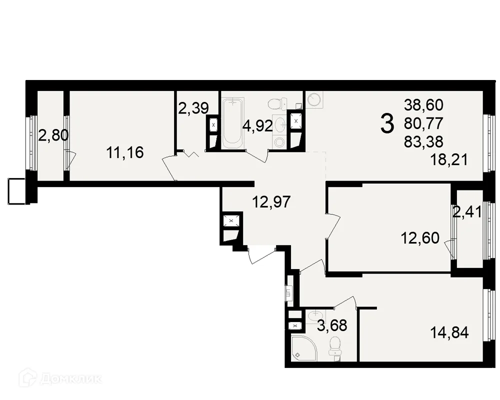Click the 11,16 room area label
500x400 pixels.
[125, 152]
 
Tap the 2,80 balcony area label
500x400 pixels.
[53, 135]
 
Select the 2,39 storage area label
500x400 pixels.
[193, 108]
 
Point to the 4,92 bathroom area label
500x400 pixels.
[257, 126]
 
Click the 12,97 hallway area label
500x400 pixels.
[271, 202]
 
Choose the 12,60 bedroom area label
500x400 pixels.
[420, 238]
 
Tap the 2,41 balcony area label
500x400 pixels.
[467, 212]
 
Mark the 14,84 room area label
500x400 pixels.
[449, 332]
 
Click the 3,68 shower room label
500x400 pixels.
[332, 325]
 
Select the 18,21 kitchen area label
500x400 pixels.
[449, 159]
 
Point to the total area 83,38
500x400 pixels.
[423, 141]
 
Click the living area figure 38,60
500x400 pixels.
[423, 105]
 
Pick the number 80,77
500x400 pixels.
[423, 123]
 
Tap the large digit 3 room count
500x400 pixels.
[387, 124]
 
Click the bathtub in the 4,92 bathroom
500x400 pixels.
[233, 123]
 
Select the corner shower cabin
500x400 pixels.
[302, 348]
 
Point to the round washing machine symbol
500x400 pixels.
[314, 99]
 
